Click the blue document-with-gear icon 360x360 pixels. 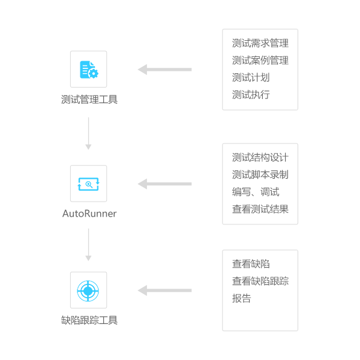tap(88, 69)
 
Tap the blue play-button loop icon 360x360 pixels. tap(88, 184)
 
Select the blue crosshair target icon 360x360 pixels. tap(88, 290)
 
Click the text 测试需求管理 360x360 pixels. tap(260, 43)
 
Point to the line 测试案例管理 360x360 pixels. tap(260, 61)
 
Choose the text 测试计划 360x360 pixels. tap(251, 77)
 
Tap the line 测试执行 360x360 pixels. tap(251, 95)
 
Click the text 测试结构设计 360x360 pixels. tap(260, 158)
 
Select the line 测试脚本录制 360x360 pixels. tap(260, 175)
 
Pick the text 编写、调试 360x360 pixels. tap(256, 192)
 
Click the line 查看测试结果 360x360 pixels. tap(260, 209)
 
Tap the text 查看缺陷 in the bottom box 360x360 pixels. tap(251, 264)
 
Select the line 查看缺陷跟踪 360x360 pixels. tap(260, 281)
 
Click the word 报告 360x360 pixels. tap(242, 298)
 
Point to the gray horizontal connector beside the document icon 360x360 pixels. tap(165, 70)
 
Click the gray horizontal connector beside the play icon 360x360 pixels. tap(165, 184)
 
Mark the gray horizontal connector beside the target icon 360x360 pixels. tap(165, 290)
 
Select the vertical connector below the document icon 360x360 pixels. tap(88, 133)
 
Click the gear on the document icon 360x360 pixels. tap(93, 74)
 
